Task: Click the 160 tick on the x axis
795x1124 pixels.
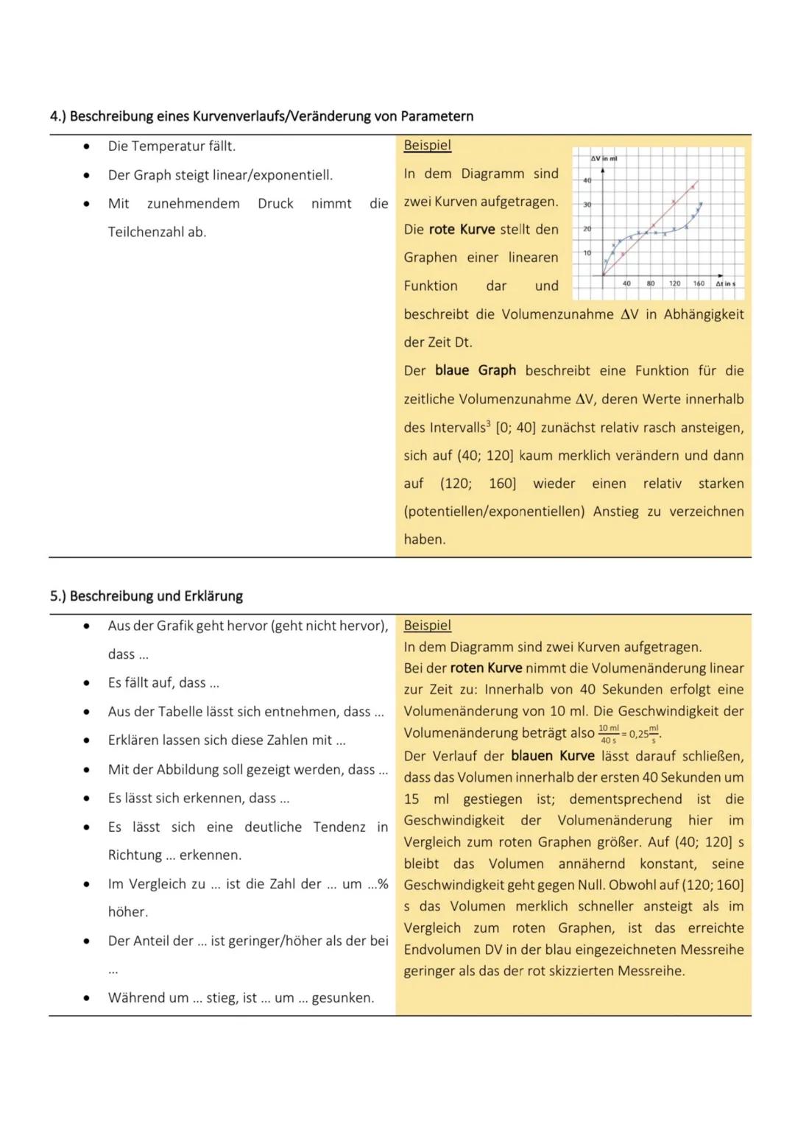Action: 699,283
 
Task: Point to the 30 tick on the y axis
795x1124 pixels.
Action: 587,205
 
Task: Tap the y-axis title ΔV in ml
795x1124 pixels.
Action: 604,158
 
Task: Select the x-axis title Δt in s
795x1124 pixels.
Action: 725,283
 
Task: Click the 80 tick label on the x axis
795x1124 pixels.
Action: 651,283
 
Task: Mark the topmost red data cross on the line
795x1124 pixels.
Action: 691,186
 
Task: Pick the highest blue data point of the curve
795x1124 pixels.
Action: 701,204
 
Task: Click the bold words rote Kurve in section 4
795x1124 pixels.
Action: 462,230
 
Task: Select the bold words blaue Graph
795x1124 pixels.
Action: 476,370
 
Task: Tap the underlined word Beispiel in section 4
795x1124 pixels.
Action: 427,146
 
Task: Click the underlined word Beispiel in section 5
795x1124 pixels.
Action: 427,626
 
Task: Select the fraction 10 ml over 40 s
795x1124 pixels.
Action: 608,733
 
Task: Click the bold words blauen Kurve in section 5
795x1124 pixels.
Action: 552,756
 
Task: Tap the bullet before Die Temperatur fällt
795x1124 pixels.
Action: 87,146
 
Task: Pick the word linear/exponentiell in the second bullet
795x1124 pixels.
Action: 292,175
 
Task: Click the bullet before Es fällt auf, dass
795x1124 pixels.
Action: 87,683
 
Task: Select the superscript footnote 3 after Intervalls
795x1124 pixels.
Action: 489,424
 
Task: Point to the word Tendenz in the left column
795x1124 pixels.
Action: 339,827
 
